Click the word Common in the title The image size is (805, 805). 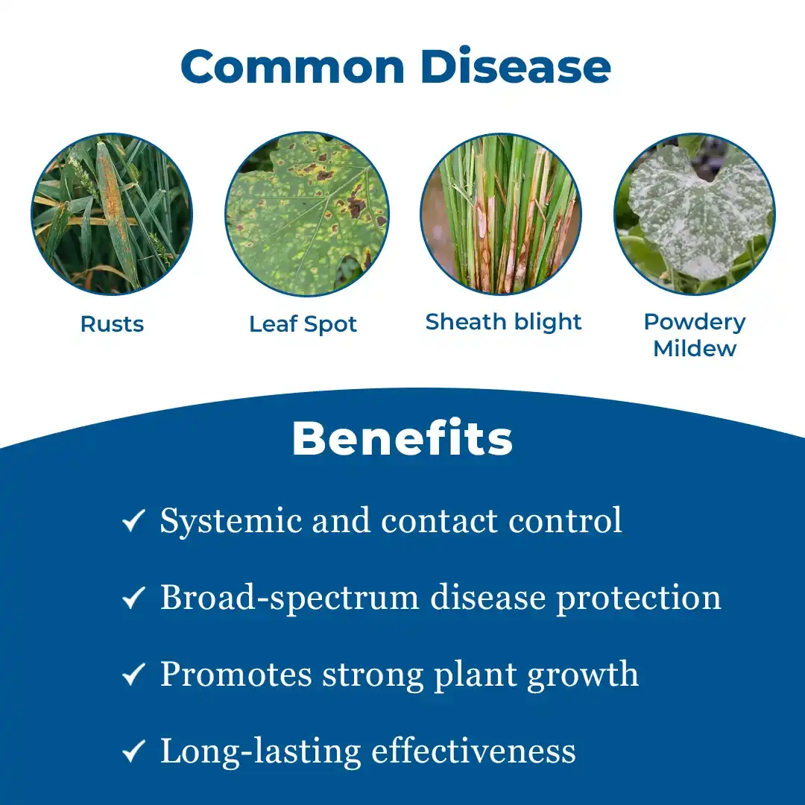click(293, 66)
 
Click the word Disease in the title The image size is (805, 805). click(516, 66)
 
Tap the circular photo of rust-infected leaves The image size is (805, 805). click(112, 214)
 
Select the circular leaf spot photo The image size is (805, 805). click(307, 214)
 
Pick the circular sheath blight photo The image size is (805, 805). click(501, 214)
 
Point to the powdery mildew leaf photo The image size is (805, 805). click(695, 214)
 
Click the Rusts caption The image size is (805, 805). click(112, 324)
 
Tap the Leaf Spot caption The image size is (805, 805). click(303, 324)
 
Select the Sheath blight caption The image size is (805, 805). click(503, 322)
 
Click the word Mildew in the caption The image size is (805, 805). click(695, 349)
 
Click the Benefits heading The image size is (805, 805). click(402, 438)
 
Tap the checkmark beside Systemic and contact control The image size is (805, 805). click(133, 520)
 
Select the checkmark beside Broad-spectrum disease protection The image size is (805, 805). click(133, 598)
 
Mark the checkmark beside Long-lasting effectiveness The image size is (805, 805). click(133, 751)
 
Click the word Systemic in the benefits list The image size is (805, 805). click(231, 522)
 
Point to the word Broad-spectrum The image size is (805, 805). click(289, 599)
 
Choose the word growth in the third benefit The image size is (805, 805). click(583, 675)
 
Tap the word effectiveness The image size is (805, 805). click(473, 751)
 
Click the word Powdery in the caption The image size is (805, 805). click(695, 323)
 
